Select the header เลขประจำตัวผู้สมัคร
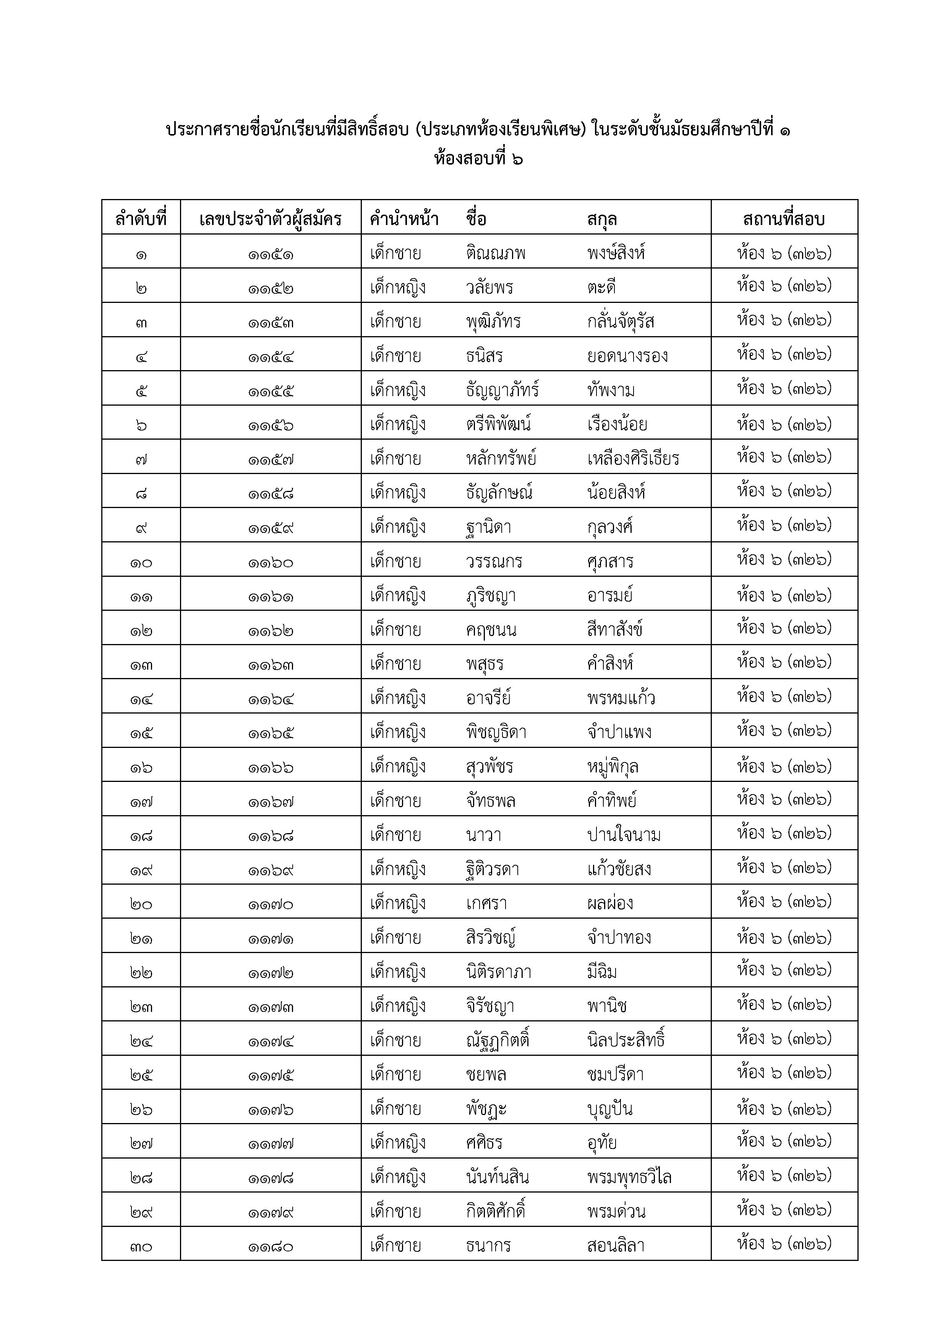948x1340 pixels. (x=270, y=219)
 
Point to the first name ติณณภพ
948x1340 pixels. (x=496, y=253)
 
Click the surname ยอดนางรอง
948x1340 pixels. (x=627, y=356)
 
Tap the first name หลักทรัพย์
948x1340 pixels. (x=501, y=458)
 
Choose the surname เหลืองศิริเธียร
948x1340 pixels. (x=634, y=458)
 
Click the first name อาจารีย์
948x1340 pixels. (x=489, y=698)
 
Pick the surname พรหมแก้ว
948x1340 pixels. (x=621, y=698)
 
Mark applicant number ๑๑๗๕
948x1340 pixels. (x=270, y=1075)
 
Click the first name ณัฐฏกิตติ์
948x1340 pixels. (x=497, y=1040)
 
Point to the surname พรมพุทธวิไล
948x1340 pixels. (x=629, y=1177)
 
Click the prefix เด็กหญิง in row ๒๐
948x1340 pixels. (x=397, y=903)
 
